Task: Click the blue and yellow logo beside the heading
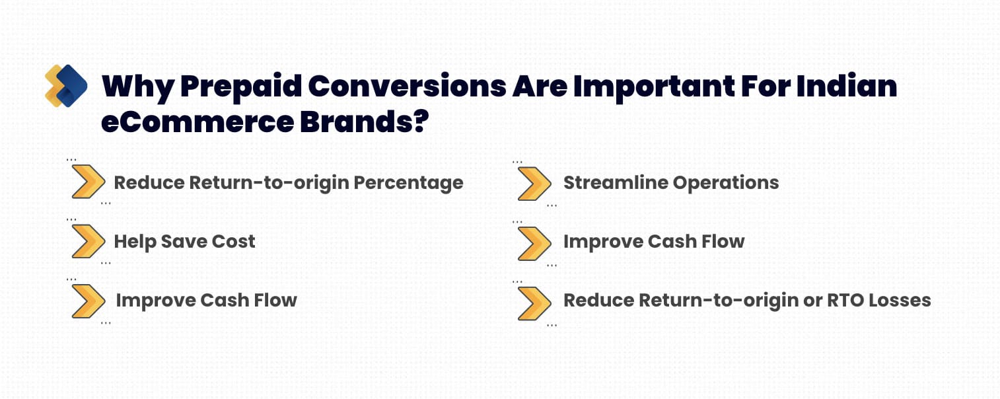[x=66, y=86]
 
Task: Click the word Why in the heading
[x=138, y=87]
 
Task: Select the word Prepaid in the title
[x=242, y=87]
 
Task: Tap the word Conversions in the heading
[x=407, y=86]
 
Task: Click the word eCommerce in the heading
[x=197, y=122]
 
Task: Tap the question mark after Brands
[x=420, y=120]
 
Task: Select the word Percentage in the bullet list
[x=408, y=183]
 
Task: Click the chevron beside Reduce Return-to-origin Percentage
[x=89, y=181]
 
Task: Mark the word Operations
[x=725, y=183]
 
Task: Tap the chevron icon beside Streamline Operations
[x=534, y=184]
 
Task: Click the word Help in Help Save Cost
[x=135, y=242]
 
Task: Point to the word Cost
[x=233, y=242]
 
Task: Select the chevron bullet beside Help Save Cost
[x=89, y=241]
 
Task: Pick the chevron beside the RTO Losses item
[x=534, y=303]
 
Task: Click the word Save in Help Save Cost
[x=184, y=242]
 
